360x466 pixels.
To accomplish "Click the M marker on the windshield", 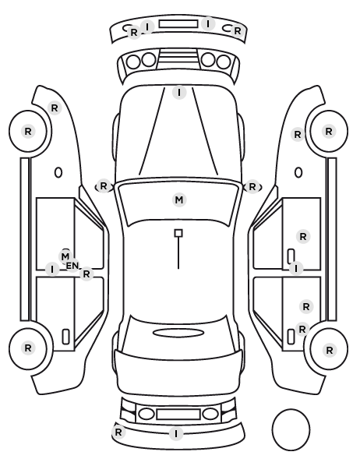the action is [x=179, y=200].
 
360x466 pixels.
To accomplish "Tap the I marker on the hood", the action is [x=179, y=93].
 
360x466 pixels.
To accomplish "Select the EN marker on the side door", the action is [x=72, y=266].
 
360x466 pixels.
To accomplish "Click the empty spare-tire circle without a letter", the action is [x=291, y=429].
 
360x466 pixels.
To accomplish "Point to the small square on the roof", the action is [x=178, y=233].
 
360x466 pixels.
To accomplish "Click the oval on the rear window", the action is [x=178, y=333].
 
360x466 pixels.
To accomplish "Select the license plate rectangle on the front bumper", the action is [x=178, y=24].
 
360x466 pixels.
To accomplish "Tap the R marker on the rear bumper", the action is [x=118, y=432].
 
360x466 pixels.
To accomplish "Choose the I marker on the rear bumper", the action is [x=176, y=434].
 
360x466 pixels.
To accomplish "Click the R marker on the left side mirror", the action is [x=103, y=186].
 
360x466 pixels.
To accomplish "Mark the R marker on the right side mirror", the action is [x=252, y=187].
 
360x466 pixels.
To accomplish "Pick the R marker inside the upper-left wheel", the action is [x=28, y=131].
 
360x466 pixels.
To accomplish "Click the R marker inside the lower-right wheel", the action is [x=329, y=351].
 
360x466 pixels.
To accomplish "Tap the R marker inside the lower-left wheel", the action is [x=28, y=348].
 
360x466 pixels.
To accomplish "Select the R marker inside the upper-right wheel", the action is [x=329, y=131].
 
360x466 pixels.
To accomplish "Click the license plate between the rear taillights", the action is [x=178, y=415].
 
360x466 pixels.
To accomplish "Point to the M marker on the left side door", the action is [x=65, y=256].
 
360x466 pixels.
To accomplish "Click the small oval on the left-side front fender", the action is [x=58, y=173].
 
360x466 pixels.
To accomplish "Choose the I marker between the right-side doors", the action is [x=296, y=269].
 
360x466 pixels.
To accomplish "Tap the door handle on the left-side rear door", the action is [x=65, y=337].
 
